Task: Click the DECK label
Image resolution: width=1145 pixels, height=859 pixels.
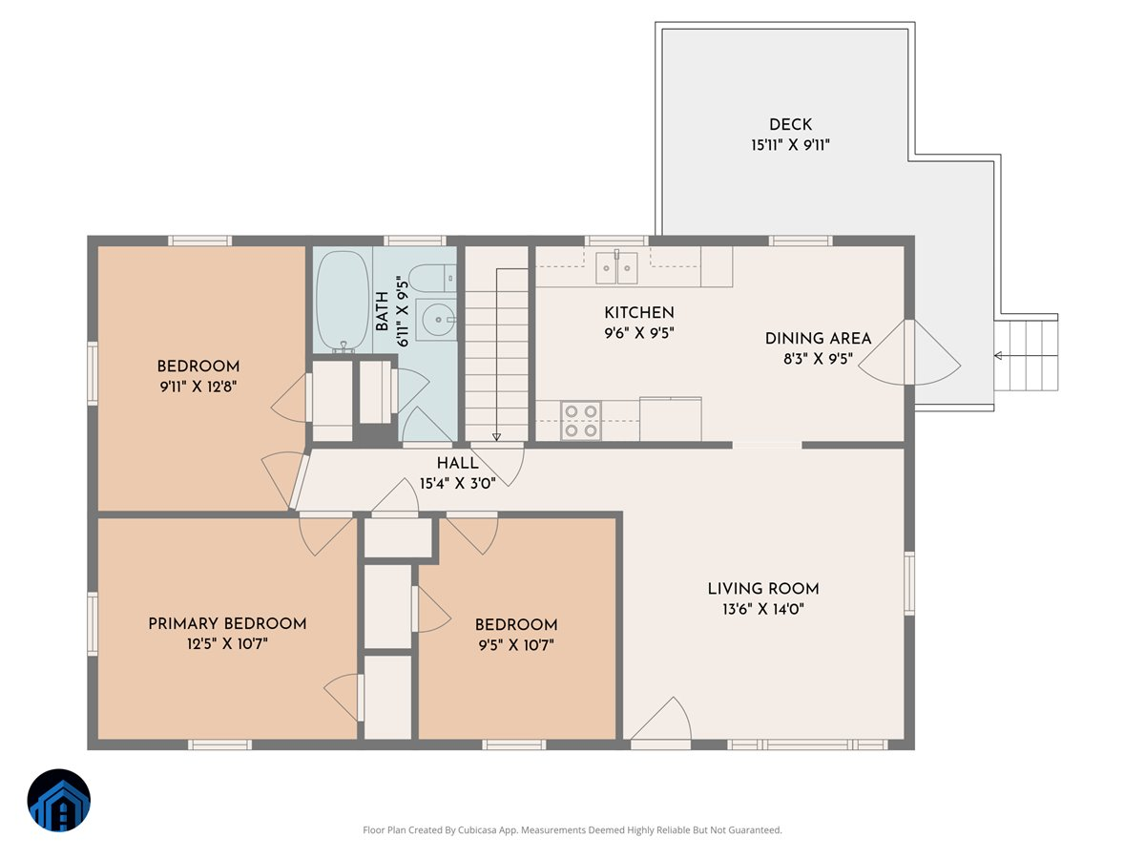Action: (790, 125)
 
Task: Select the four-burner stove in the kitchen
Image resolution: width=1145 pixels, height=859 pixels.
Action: (581, 420)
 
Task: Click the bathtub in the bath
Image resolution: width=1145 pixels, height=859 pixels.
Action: (343, 302)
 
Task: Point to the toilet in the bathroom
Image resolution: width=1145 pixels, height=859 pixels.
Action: (433, 278)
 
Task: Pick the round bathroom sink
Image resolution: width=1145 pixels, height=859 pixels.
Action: (438, 319)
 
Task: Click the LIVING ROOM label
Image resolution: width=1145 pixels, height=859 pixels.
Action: (763, 589)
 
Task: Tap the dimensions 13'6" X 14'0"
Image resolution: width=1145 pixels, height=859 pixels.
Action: (763, 609)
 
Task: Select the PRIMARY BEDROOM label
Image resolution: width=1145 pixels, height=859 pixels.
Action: (227, 624)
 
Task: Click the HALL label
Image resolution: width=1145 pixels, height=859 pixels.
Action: (457, 463)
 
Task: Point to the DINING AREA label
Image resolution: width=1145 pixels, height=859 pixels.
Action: (818, 339)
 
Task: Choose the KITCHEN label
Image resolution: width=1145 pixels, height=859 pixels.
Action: (639, 312)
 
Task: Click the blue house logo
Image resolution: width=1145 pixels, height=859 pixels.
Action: (59, 800)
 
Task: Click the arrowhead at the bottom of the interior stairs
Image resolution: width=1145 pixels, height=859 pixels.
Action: (496, 437)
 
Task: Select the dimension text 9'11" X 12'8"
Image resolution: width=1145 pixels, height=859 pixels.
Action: (198, 387)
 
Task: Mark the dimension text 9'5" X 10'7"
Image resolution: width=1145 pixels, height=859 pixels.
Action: (516, 645)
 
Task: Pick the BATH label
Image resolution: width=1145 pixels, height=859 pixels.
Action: (383, 311)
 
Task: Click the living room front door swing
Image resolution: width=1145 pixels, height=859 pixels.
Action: (661, 719)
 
